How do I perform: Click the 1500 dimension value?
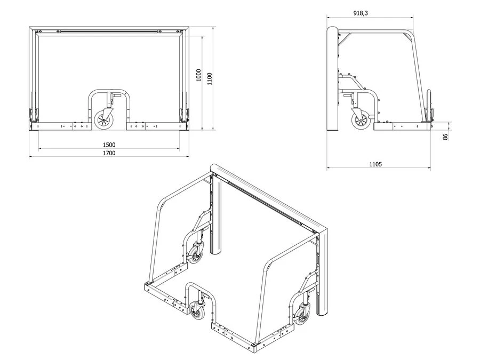coord(109,145)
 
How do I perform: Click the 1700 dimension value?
coord(109,153)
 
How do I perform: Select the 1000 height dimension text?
coord(199,75)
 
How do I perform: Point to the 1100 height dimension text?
coord(210,79)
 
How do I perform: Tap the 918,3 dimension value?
coord(361,13)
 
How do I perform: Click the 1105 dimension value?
coord(375,164)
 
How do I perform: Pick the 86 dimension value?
coord(445,137)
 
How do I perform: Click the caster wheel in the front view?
coord(103,120)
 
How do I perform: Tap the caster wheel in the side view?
coord(361,121)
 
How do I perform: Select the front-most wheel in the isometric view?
coord(196,310)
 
